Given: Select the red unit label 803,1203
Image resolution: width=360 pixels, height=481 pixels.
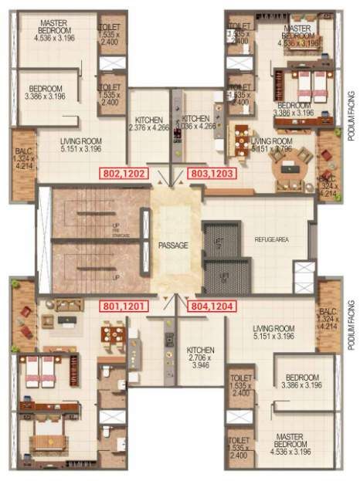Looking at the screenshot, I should coord(212,174).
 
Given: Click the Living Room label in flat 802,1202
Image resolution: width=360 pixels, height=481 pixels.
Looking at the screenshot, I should coord(81,146).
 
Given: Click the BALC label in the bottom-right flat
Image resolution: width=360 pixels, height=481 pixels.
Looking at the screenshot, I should coord(328,317).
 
